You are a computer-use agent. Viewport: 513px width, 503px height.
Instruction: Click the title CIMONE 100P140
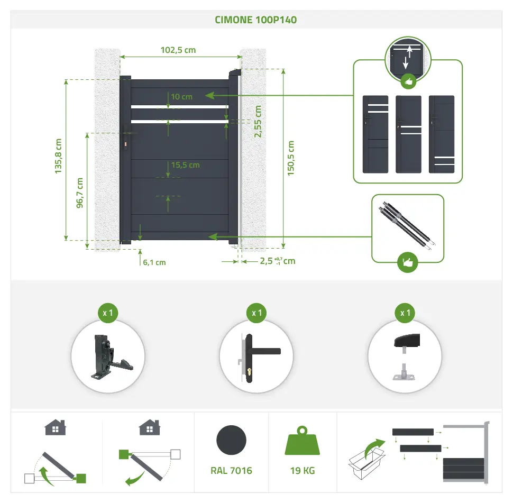256,20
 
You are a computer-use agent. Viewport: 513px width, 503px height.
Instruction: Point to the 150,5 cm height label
291,158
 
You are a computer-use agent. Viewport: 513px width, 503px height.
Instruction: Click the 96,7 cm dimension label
80,194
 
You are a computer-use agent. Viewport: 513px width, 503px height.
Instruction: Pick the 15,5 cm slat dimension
185,165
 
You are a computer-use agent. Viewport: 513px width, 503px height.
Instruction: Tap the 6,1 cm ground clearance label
154,262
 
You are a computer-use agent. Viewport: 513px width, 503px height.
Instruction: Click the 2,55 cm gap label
258,122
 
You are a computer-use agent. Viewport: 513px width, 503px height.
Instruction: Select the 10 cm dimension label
182,97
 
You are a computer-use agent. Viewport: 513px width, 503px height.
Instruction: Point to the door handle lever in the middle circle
264,351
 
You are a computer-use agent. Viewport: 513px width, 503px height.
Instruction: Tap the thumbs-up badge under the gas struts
407,262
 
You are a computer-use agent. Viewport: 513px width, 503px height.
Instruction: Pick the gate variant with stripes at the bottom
442,134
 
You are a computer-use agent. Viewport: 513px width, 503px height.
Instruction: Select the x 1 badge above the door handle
256,313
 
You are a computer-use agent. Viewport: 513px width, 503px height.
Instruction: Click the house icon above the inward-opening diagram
55,427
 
